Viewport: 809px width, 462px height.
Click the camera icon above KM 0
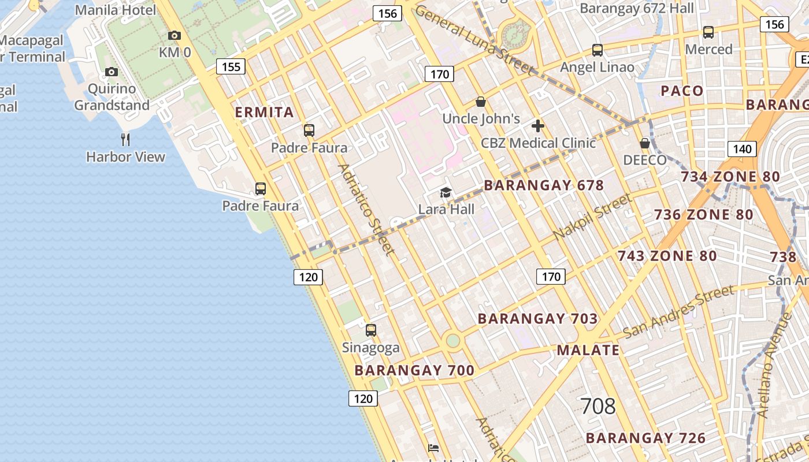click(x=174, y=36)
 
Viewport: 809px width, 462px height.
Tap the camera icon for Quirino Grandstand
click(x=112, y=72)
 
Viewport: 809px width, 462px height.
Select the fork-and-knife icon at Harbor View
click(x=125, y=139)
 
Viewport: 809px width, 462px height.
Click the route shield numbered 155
click(x=231, y=66)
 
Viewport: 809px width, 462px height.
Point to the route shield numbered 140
click(x=742, y=149)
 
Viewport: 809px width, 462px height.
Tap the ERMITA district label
click(x=265, y=112)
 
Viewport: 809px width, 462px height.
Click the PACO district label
click(x=682, y=91)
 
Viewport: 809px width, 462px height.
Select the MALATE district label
click(x=588, y=350)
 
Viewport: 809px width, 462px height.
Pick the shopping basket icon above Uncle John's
click(x=480, y=102)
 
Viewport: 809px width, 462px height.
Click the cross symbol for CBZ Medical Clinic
click(x=538, y=126)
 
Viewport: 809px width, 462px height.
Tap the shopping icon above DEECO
click(x=645, y=143)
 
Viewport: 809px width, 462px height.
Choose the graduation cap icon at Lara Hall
click(x=446, y=192)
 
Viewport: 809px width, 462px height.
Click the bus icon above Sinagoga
click(x=371, y=330)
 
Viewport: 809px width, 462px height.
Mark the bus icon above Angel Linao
click(x=598, y=50)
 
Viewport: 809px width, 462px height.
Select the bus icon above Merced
click(x=708, y=32)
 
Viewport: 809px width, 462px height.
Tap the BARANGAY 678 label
click(x=543, y=185)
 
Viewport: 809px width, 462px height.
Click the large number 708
click(x=598, y=407)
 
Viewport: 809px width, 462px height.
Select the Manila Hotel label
click(x=116, y=10)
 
